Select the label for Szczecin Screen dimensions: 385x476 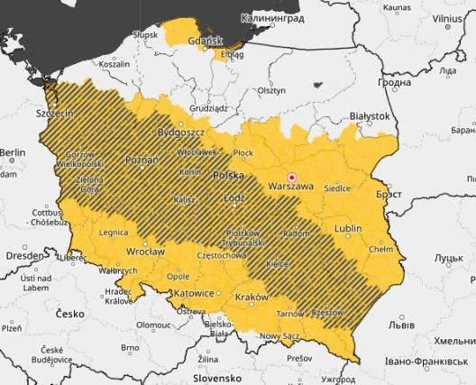pyautogui.click(x=53, y=115)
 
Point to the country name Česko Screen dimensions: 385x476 pyautogui.click(x=69, y=314)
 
